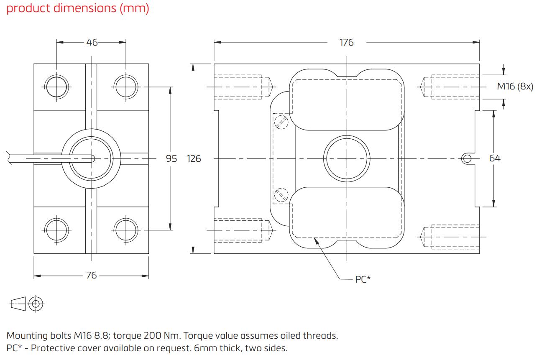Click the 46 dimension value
[x=91, y=42]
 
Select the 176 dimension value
[x=346, y=42]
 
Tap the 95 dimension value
[x=171, y=158]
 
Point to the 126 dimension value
[x=194, y=158]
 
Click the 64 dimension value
[x=495, y=158]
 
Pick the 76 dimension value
[x=91, y=275]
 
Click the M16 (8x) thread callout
[x=515, y=87]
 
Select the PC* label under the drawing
[x=363, y=279]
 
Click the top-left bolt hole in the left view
[x=56, y=87]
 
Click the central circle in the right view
[x=347, y=158]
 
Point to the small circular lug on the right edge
[x=467, y=158]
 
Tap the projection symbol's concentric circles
[x=36, y=304]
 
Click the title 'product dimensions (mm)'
[x=78, y=8]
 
